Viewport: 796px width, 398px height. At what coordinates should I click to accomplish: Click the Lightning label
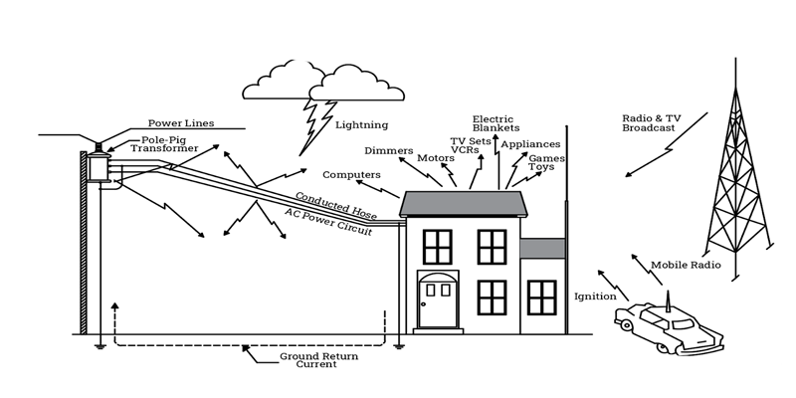click(x=361, y=125)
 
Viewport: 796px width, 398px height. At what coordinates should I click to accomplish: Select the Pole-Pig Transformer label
click(x=164, y=144)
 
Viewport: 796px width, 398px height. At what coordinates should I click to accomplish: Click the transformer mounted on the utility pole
click(x=98, y=165)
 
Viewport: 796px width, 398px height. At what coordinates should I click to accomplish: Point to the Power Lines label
click(x=181, y=123)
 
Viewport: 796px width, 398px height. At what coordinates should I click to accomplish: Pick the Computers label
click(x=351, y=175)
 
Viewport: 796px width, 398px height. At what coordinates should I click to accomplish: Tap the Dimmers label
click(x=389, y=151)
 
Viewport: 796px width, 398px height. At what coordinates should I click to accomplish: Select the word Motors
click(x=436, y=158)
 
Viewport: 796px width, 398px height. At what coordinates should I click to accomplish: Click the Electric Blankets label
click(x=496, y=123)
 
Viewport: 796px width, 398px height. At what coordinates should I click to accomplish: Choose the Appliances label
click(x=530, y=144)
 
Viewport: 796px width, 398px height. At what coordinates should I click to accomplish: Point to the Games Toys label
click(x=546, y=162)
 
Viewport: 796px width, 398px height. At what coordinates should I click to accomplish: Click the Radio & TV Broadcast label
click(x=652, y=123)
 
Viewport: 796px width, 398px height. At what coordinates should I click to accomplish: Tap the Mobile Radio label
click(x=686, y=265)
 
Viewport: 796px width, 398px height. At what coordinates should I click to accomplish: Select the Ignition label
click(x=595, y=297)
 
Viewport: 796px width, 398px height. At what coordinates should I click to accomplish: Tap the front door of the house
click(x=438, y=300)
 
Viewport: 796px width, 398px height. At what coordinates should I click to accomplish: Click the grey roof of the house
click(x=463, y=204)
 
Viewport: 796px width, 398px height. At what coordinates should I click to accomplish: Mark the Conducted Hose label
click(x=335, y=206)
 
